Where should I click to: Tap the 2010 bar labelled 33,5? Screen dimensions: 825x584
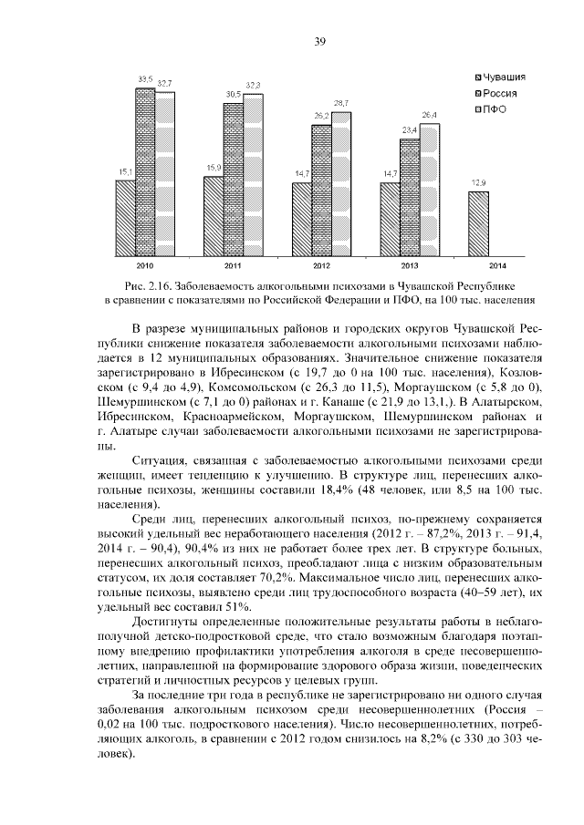(x=145, y=169)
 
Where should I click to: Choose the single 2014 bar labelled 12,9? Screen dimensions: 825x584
(x=479, y=222)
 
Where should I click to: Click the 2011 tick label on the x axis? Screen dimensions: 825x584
(x=233, y=265)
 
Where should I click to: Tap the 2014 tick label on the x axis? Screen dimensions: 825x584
(x=498, y=265)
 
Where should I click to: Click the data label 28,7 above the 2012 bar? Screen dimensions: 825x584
(x=341, y=103)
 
